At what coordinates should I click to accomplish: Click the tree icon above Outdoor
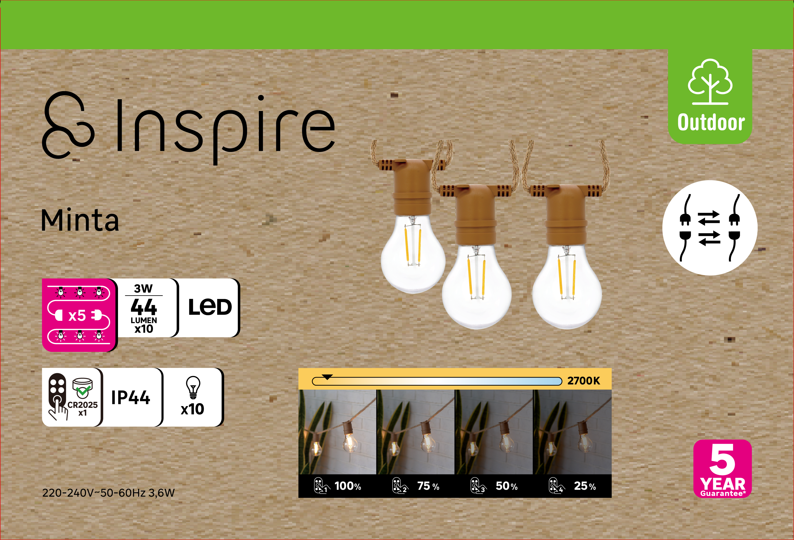tap(710, 82)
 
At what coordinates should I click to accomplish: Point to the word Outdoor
tap(711, 122)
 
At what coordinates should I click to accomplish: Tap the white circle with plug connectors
tap(710, 228)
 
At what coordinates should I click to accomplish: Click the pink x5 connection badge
tap(79, 315)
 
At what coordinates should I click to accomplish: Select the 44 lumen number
tap(144, 307)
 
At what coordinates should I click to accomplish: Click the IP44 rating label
tap(131, 397)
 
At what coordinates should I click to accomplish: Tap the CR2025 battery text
tap(82, 405)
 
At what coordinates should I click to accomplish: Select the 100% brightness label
tap(348, 486)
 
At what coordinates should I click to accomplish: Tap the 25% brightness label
tap(585, 486)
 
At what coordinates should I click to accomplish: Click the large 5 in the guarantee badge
tap(722, 459)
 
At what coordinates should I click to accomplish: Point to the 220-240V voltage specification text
tap(108, 493)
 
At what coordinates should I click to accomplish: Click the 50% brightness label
tap(506, 486)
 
